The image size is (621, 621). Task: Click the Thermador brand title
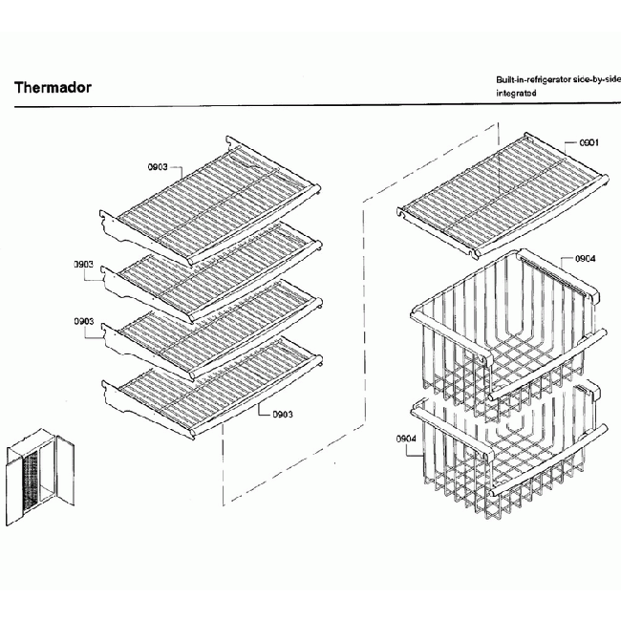pyautogui.click(x=53, y=88)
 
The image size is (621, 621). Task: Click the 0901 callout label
pyautogui.click(x=589, y=143)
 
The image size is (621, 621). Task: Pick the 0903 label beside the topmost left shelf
pyautogui.click(x=159, y=167)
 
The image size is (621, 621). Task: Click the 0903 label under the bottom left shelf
pyautogui.click(x=282, y=414)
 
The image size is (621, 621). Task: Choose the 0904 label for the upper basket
pyautogui.click(x=586, y=259)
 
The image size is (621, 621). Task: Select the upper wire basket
pyautogui.click(x=506, y=330)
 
